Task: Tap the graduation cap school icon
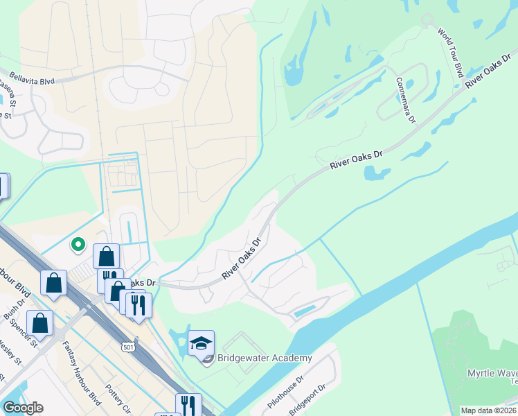[201, 343]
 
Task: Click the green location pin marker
[79, 244]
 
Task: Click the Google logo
[23, 408]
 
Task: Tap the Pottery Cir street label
[112, 397]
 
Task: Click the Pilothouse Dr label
[285, 395]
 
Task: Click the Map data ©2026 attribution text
[488, 410]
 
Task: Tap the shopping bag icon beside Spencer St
[40, 324]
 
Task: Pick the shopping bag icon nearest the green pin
[106, 257]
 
